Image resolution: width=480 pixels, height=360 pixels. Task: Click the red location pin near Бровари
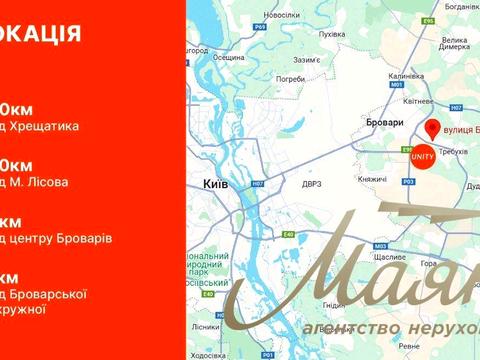click(432, 129)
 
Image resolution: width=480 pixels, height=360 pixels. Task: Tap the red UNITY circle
click(420, 159)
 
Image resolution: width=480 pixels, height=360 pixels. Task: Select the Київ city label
click(218, 185)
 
